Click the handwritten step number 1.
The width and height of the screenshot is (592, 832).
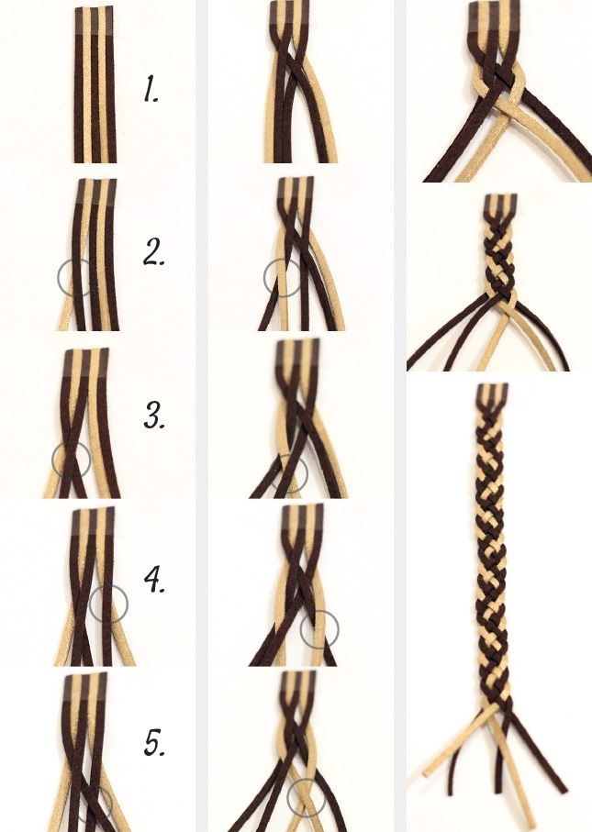pyautogui.click(x=151, y=89)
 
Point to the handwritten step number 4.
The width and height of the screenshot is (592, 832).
pyautogui.click(x=154, y=580)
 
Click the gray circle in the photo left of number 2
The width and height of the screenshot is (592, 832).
pyautogui.click(x=58, y=278)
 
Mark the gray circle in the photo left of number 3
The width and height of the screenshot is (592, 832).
pyautogui.click(x=52, y=460)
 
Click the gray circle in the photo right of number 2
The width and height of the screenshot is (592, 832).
pyautogui.click(x=264, y=278)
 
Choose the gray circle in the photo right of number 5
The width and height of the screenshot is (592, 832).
pyautogui.click(x=287, y=797)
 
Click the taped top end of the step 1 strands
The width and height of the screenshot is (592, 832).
pyautogui.click(x=95, y=22)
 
